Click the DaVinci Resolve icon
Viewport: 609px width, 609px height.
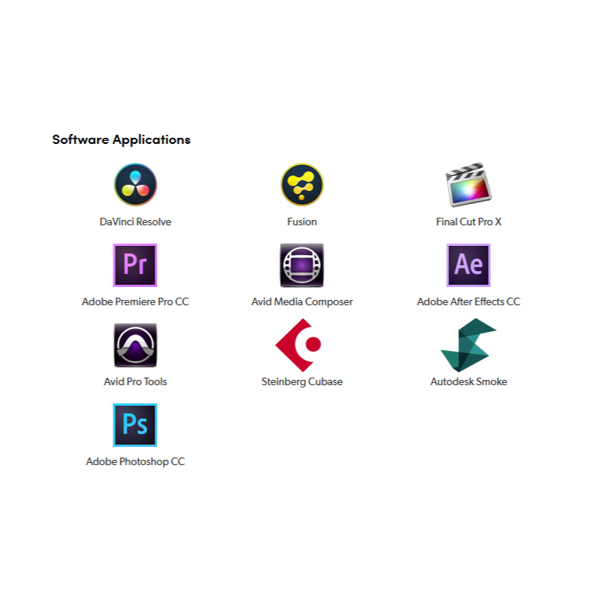(x=136, y=185)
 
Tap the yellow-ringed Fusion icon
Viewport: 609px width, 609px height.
(x=302, y=185)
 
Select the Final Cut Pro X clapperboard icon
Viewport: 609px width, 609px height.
(x=468, y=184)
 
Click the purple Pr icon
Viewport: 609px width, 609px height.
(x=136, y=265)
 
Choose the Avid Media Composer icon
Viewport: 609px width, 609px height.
(x=302, y=265)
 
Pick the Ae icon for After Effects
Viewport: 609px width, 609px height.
(x=468, y=265)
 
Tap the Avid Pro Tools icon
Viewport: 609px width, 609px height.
(x=136, y=345)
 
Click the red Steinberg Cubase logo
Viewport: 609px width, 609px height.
(x=298, y=345)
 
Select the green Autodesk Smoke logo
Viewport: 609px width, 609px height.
(x=468, y=345)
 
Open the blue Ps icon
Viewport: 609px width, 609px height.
(x=136, y=425)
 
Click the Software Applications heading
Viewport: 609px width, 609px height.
(x=122, y=139)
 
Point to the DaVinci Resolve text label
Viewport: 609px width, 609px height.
(x=136, y=222)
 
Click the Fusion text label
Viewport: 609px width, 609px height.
(x=302, y=222)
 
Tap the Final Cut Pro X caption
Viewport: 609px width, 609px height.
(x=469, y=222)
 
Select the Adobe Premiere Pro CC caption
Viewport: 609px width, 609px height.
(x=136, y=302)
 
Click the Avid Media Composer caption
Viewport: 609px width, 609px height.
(x=302, y=302)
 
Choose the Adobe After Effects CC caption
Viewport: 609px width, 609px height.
(x=469, y=302)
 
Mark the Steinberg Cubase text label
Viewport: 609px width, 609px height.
(x=302, y=382)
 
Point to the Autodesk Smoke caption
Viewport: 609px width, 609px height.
(x=469, y=382)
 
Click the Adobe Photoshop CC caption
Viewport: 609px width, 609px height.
(x=136, y=462)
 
